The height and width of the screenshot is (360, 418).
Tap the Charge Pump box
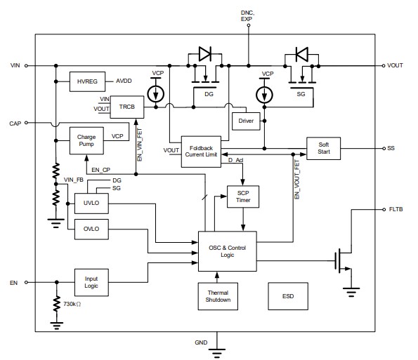pyautogui.click(x=86, y=141)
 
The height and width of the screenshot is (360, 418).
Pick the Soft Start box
pyautogui.click(x=323, y=148)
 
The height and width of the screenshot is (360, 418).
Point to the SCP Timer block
pyautogui.click(x=243, y=196)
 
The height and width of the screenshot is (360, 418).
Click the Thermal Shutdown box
pyautogui.click(x=218, y=296)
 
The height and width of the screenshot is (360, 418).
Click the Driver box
pyautogui.click(x=247, y=121)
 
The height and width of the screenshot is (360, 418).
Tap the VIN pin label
pyautogui.click(x=15, y=65)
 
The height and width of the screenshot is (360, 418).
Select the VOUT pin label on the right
pyautogui.click(x=396, y=65)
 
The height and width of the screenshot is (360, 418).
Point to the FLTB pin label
pyautogui.click(x=396, y=209)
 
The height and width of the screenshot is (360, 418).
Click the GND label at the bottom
pyautogui.click(x=200, y=342)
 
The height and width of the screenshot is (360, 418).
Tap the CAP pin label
pyautogui.click(x=15, y=123)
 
